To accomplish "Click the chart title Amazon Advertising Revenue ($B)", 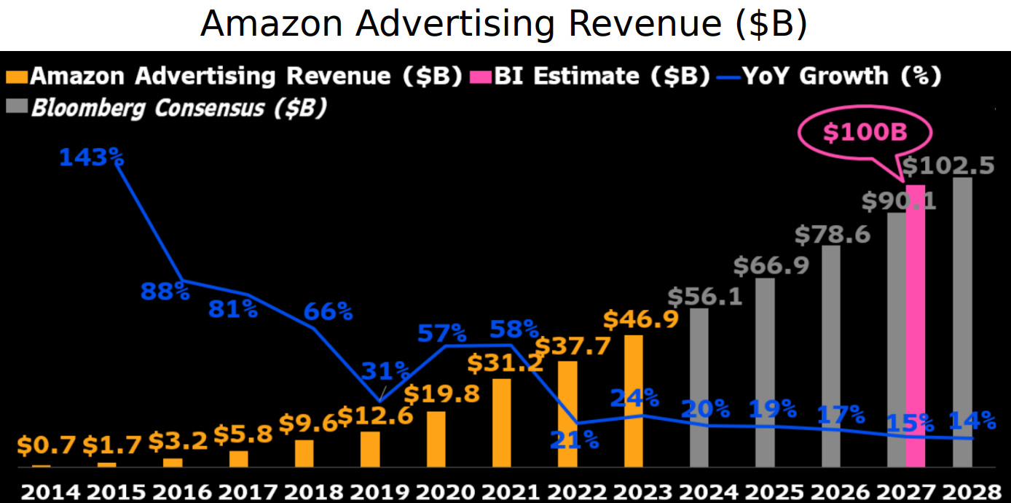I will tap(504, 25).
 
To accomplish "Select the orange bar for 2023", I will tap(633, 401).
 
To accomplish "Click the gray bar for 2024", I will tap(699, 387).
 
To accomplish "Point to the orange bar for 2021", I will tap(501, 423).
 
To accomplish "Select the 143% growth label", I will tap(90, 157).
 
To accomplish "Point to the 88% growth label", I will tap(165, 292).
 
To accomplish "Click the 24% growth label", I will tap(634, 398).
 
